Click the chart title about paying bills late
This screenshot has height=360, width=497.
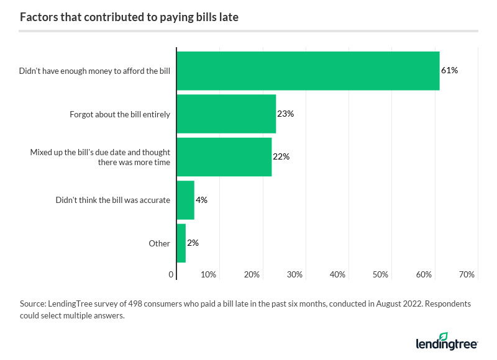click(129, 17)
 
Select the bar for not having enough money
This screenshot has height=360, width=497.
click(308, 71)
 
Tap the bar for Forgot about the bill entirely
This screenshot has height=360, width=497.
click(226, 114)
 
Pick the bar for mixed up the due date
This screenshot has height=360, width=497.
click(224, 156)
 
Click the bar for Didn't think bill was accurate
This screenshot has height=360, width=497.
click(186, 200)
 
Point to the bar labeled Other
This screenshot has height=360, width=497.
click(181, 243)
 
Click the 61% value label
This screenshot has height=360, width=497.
click(449, 71)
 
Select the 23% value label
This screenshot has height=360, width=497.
click(285, 114)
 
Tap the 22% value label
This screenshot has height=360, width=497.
click(281, 156)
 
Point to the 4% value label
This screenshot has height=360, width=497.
click(201, 200)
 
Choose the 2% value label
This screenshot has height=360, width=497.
click(193, 243)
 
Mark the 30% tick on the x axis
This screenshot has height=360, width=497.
click(294, 274)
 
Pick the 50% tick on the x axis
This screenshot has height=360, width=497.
click(380, 274)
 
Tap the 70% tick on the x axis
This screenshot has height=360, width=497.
click(467, 274)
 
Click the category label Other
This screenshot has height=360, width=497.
click(159, 243)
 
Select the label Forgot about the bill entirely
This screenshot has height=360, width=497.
click(119, 114)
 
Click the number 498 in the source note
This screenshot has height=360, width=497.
click(136, 304)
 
